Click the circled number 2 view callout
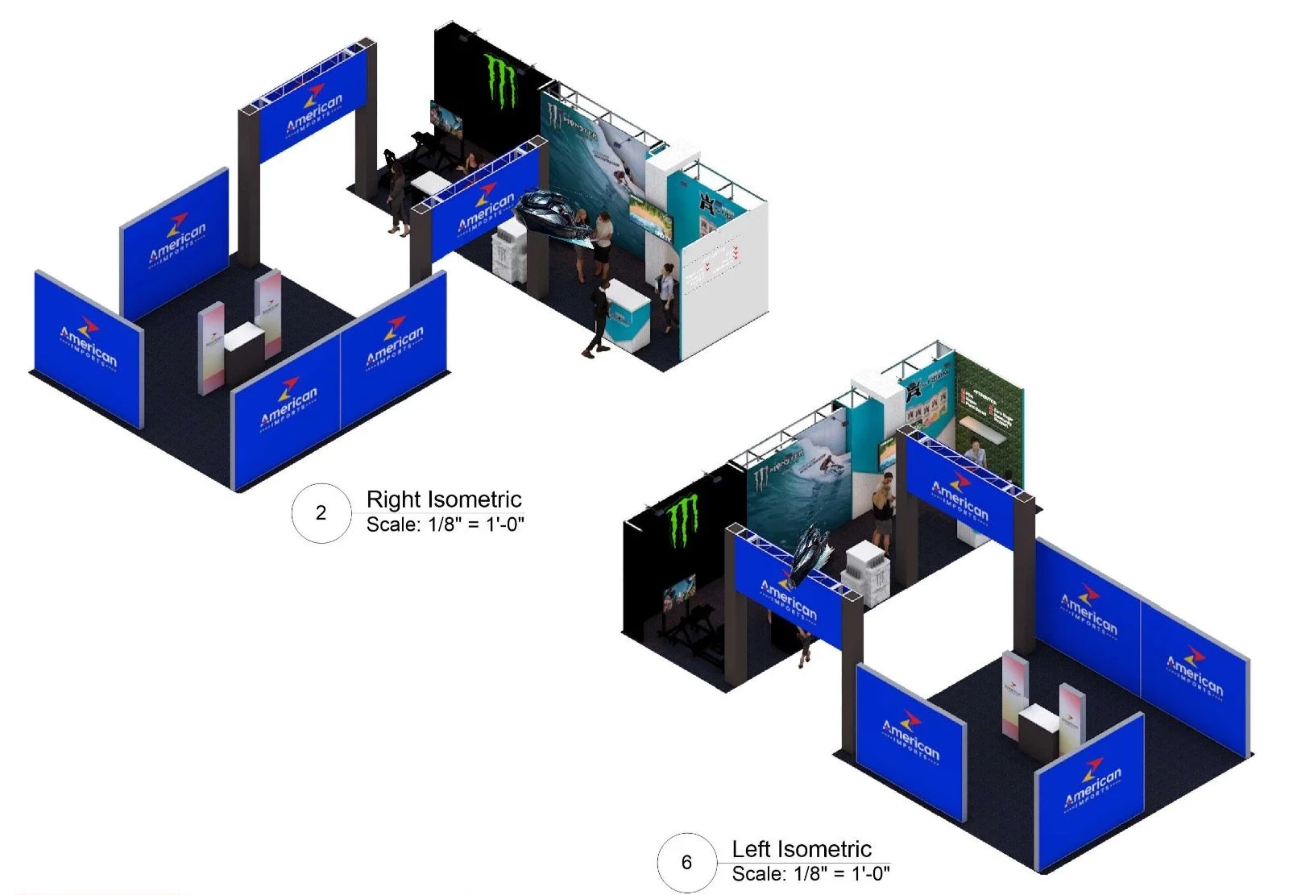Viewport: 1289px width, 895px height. tap(321, 512)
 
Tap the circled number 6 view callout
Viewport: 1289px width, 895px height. tap(686, 862)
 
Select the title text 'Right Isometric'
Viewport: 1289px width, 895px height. tap(444, 499)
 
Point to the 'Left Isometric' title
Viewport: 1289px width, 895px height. tap(802, 849)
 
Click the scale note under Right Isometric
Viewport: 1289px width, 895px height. tap(446, 524)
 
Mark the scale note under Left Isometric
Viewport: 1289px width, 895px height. tap(810, 873)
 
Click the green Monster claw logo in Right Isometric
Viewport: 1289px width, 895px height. tap(500, 80)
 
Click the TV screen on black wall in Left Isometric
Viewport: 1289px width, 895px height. tap(679, 594)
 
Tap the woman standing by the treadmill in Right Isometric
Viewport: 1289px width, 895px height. tap(397, 195)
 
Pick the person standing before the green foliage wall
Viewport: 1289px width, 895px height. tap(976, 454)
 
